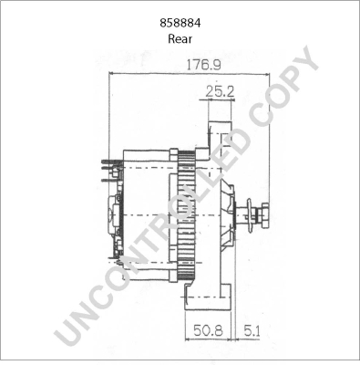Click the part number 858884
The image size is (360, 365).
point(180,24)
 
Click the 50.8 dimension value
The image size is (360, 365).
point(206,331)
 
